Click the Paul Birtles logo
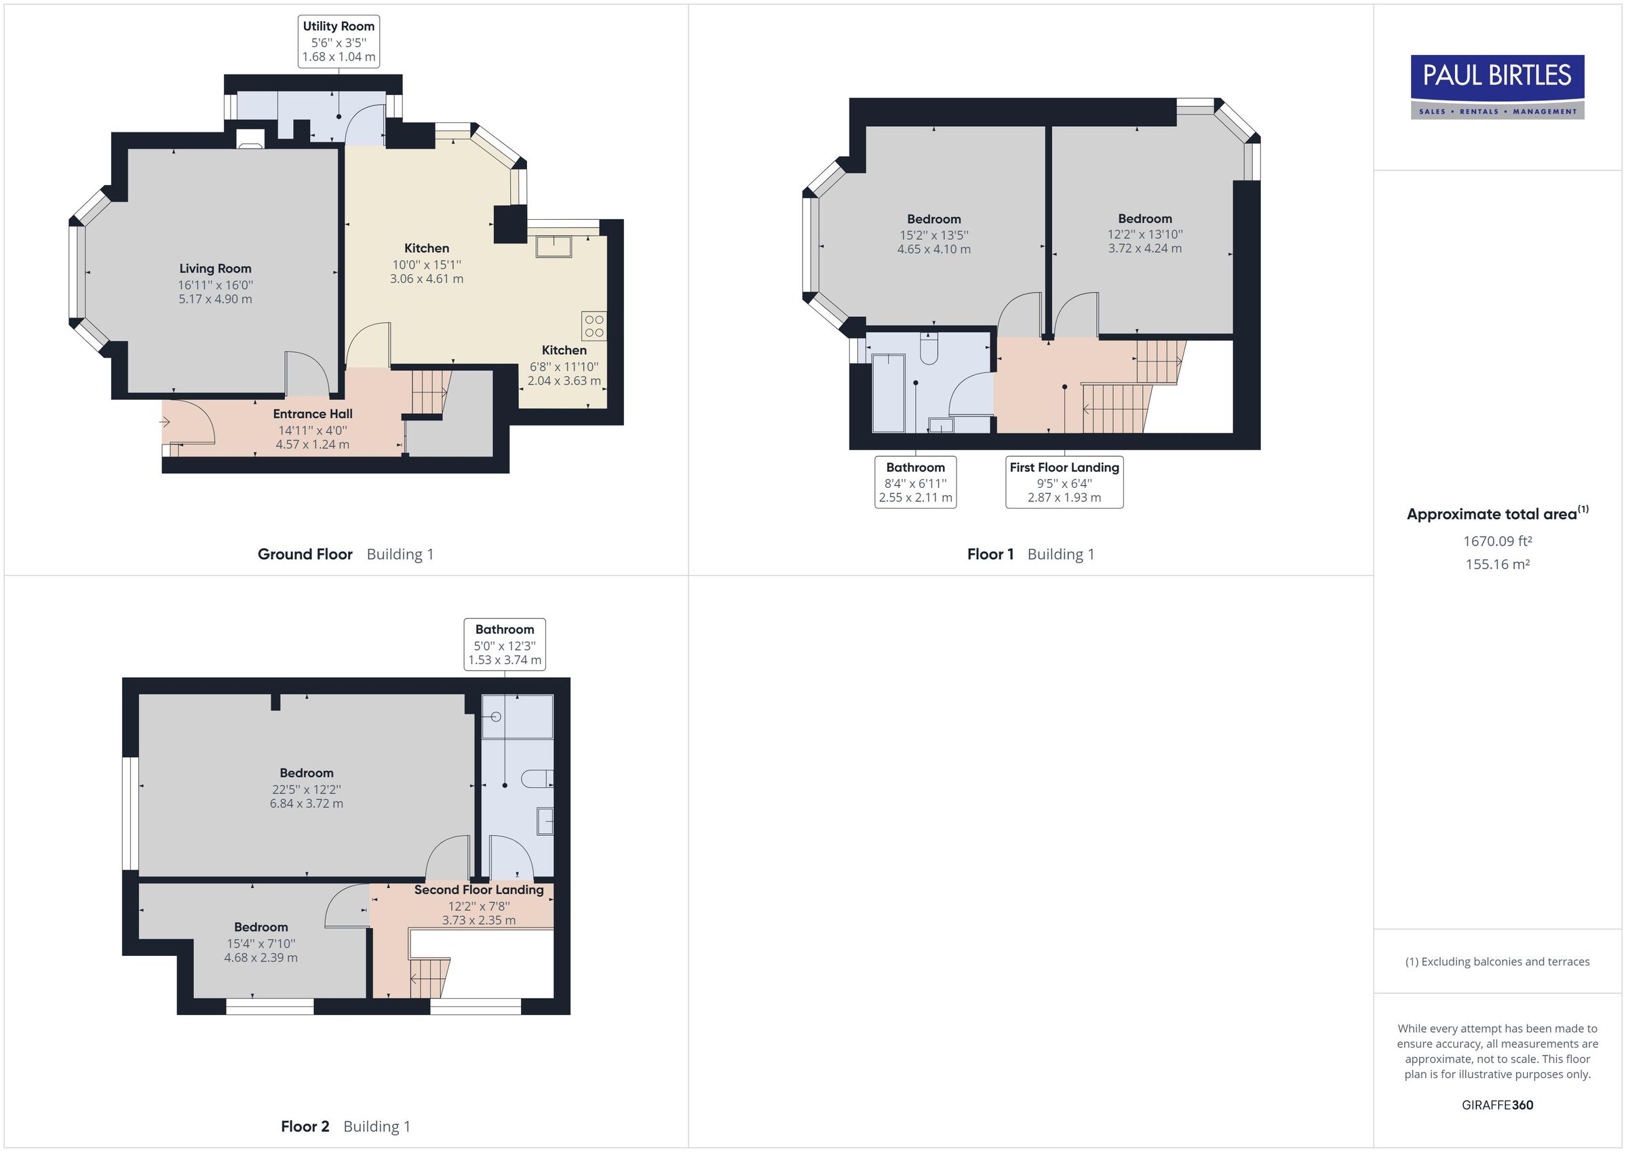(1497, 86)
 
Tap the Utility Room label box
(338, 41)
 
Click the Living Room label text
(215, 268)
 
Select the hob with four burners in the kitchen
(594, 326)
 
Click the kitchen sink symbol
(553, 246)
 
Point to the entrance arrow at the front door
(165, 422)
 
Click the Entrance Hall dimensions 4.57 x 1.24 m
(312, 445)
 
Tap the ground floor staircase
(429, 391)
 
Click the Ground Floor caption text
(305, 554)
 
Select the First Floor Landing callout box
(1064, 482)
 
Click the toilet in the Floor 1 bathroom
(929, 348)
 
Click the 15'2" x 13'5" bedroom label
(933, 235)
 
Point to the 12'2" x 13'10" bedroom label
(1144, 234)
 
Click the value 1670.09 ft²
(1497, 541)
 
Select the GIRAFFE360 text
(1497, 1105)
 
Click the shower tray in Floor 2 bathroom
(517, 716)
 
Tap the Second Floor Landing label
(479, 889)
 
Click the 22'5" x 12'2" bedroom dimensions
(306, 789)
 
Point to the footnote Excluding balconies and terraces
(1497, 961)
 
